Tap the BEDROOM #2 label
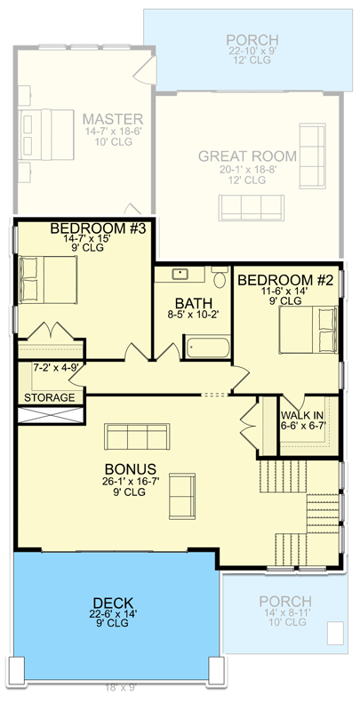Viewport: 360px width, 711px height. [286, 280]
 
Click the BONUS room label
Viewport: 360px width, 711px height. [129, 469]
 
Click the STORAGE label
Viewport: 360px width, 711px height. [49, 397]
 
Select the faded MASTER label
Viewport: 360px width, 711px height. [113, 119]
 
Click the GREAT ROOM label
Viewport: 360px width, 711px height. [247, 156]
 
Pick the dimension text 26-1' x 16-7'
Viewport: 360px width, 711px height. [129, 482]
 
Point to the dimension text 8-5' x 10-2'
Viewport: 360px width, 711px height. [193, 314]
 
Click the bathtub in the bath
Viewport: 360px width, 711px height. [206, 346]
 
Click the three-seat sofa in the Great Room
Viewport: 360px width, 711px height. [252, 207]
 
